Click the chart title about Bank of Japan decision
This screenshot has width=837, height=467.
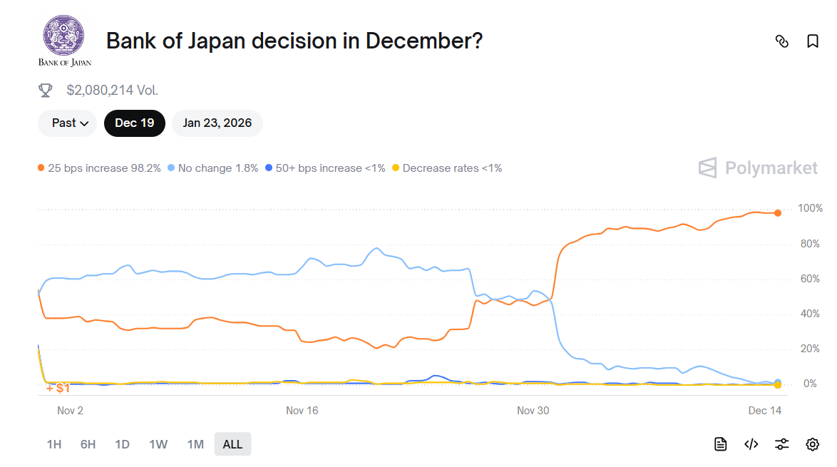click(x=294, y=41)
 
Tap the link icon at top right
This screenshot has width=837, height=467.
click(x=781, y=41)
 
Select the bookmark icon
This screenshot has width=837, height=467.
click(x=812, y=41)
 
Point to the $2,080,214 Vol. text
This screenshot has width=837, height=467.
click(x=112, y=91)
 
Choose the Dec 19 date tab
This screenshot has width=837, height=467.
click(x=134, y=123)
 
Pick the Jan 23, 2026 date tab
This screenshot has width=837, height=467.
click(x=217, y=123)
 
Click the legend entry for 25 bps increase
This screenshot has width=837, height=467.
click(x=99, y=168)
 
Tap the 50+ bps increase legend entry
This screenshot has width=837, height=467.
click(x=325, y=168)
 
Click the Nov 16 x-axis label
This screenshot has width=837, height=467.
click(x=302, y=411)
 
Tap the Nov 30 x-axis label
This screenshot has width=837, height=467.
click(x=533, y=411)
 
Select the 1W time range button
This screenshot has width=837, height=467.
click(x=158, y=444)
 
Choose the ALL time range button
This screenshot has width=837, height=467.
click(x=232, y=444)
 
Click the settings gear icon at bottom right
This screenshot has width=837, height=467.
click(x=812, y=444)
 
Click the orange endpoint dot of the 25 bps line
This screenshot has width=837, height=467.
click(x=778, y=213)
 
